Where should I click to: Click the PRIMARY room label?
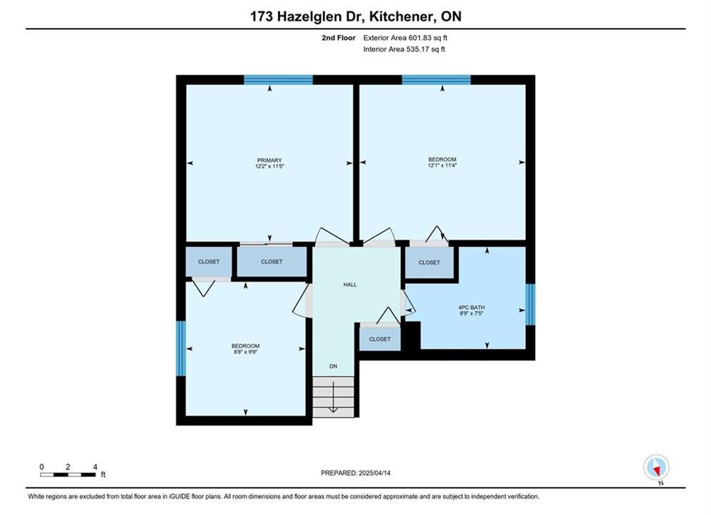tap(269, 160)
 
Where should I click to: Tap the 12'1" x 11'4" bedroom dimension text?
tap(442, 166)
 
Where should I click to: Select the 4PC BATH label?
tap(472, 307)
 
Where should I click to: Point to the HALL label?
tap(350, 285)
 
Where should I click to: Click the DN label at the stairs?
tap(333, 366)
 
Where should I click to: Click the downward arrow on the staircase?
tap(333, 397)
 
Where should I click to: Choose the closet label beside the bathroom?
tap(429, 263)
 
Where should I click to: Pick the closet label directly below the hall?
tap(380, 339)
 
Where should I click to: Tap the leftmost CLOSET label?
tap(209, 262)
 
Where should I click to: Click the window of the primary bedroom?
tap(279, 80)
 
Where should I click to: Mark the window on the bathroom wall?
tap(530, 305)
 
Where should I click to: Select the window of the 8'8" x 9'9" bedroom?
tap(181, 348)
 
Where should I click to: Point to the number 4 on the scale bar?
tap(95, 466)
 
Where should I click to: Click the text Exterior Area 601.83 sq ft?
tap(405, 38)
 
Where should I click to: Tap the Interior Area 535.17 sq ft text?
tap(404, 49)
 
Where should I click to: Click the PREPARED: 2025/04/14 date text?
tap(356, 473)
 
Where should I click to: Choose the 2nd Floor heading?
tap(339, 38)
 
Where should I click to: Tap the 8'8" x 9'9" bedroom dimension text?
tap(245, 352)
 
